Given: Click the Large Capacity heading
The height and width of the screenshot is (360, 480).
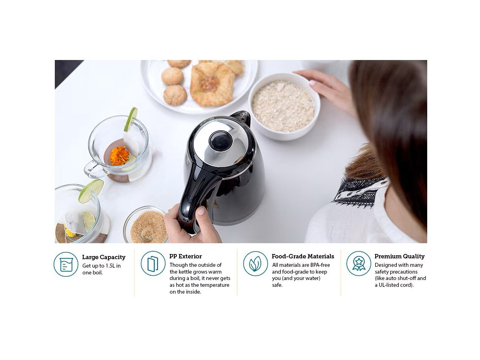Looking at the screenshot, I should coord(104,257).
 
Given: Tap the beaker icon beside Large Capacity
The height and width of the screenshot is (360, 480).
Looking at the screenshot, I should coord(66,264).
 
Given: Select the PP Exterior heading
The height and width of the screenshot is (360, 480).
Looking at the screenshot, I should coord(185,256).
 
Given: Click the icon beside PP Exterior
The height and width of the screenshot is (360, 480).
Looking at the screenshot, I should coord(153,264).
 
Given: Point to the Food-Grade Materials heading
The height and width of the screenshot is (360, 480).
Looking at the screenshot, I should coord(302,256).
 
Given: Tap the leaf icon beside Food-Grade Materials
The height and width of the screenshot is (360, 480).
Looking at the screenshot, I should coord(256,264).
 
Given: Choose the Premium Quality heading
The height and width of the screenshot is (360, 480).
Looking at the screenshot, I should coord(399,256).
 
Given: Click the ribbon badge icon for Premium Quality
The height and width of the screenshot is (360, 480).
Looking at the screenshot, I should coord(358,264).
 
